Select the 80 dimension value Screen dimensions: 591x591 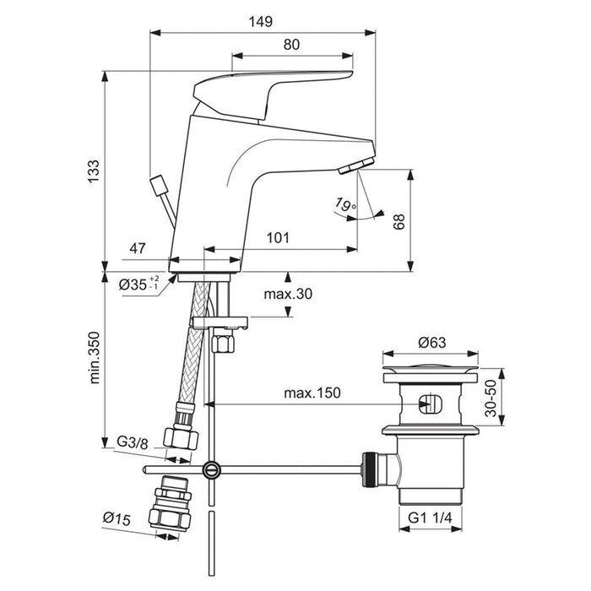290,44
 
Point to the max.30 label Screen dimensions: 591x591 287,295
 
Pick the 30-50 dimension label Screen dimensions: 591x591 491,394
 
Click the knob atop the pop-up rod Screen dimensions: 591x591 157,184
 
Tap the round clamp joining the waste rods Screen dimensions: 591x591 212,468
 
